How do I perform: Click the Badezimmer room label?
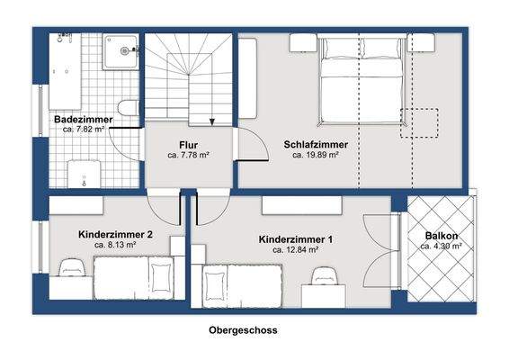tap(82, 119)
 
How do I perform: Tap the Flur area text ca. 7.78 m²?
tap(188, 156)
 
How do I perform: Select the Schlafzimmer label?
tap(315, 144)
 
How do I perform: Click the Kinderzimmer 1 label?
tap(296, 239)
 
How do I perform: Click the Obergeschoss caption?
tap(243, 330)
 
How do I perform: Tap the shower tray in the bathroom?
tap(120, 53)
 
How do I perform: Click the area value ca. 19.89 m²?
tap(315, 155)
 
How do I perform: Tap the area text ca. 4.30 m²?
tap(442, 247)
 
